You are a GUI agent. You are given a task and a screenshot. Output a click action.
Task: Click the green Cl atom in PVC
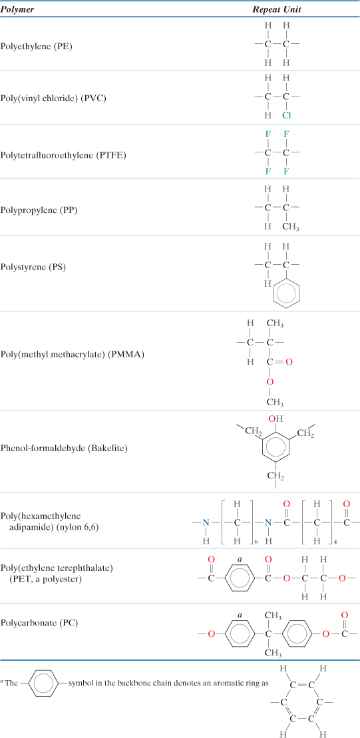286,115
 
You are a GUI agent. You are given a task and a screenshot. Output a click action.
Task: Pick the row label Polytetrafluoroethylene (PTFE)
63,155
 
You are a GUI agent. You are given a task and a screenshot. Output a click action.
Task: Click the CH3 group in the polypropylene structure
289,226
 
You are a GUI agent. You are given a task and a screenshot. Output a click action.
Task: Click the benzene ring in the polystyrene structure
286,293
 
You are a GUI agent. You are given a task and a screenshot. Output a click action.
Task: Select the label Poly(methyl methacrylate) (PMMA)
73,354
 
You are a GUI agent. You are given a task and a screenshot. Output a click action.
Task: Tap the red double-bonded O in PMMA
289,363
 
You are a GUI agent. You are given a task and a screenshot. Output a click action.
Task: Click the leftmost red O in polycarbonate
211,634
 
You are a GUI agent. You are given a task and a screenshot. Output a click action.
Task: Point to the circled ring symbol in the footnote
43,684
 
